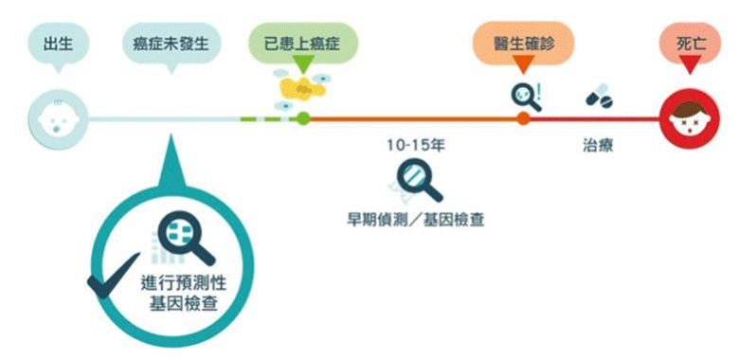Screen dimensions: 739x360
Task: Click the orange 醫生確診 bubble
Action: click(523, 43)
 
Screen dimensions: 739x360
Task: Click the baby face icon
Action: click(59, 119)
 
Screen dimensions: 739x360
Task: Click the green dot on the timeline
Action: click(303, 119)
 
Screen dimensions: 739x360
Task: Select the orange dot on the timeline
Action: click(523, 119)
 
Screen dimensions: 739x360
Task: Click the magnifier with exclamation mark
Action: click(525, 96)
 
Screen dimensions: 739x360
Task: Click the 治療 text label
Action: click(598, 147)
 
